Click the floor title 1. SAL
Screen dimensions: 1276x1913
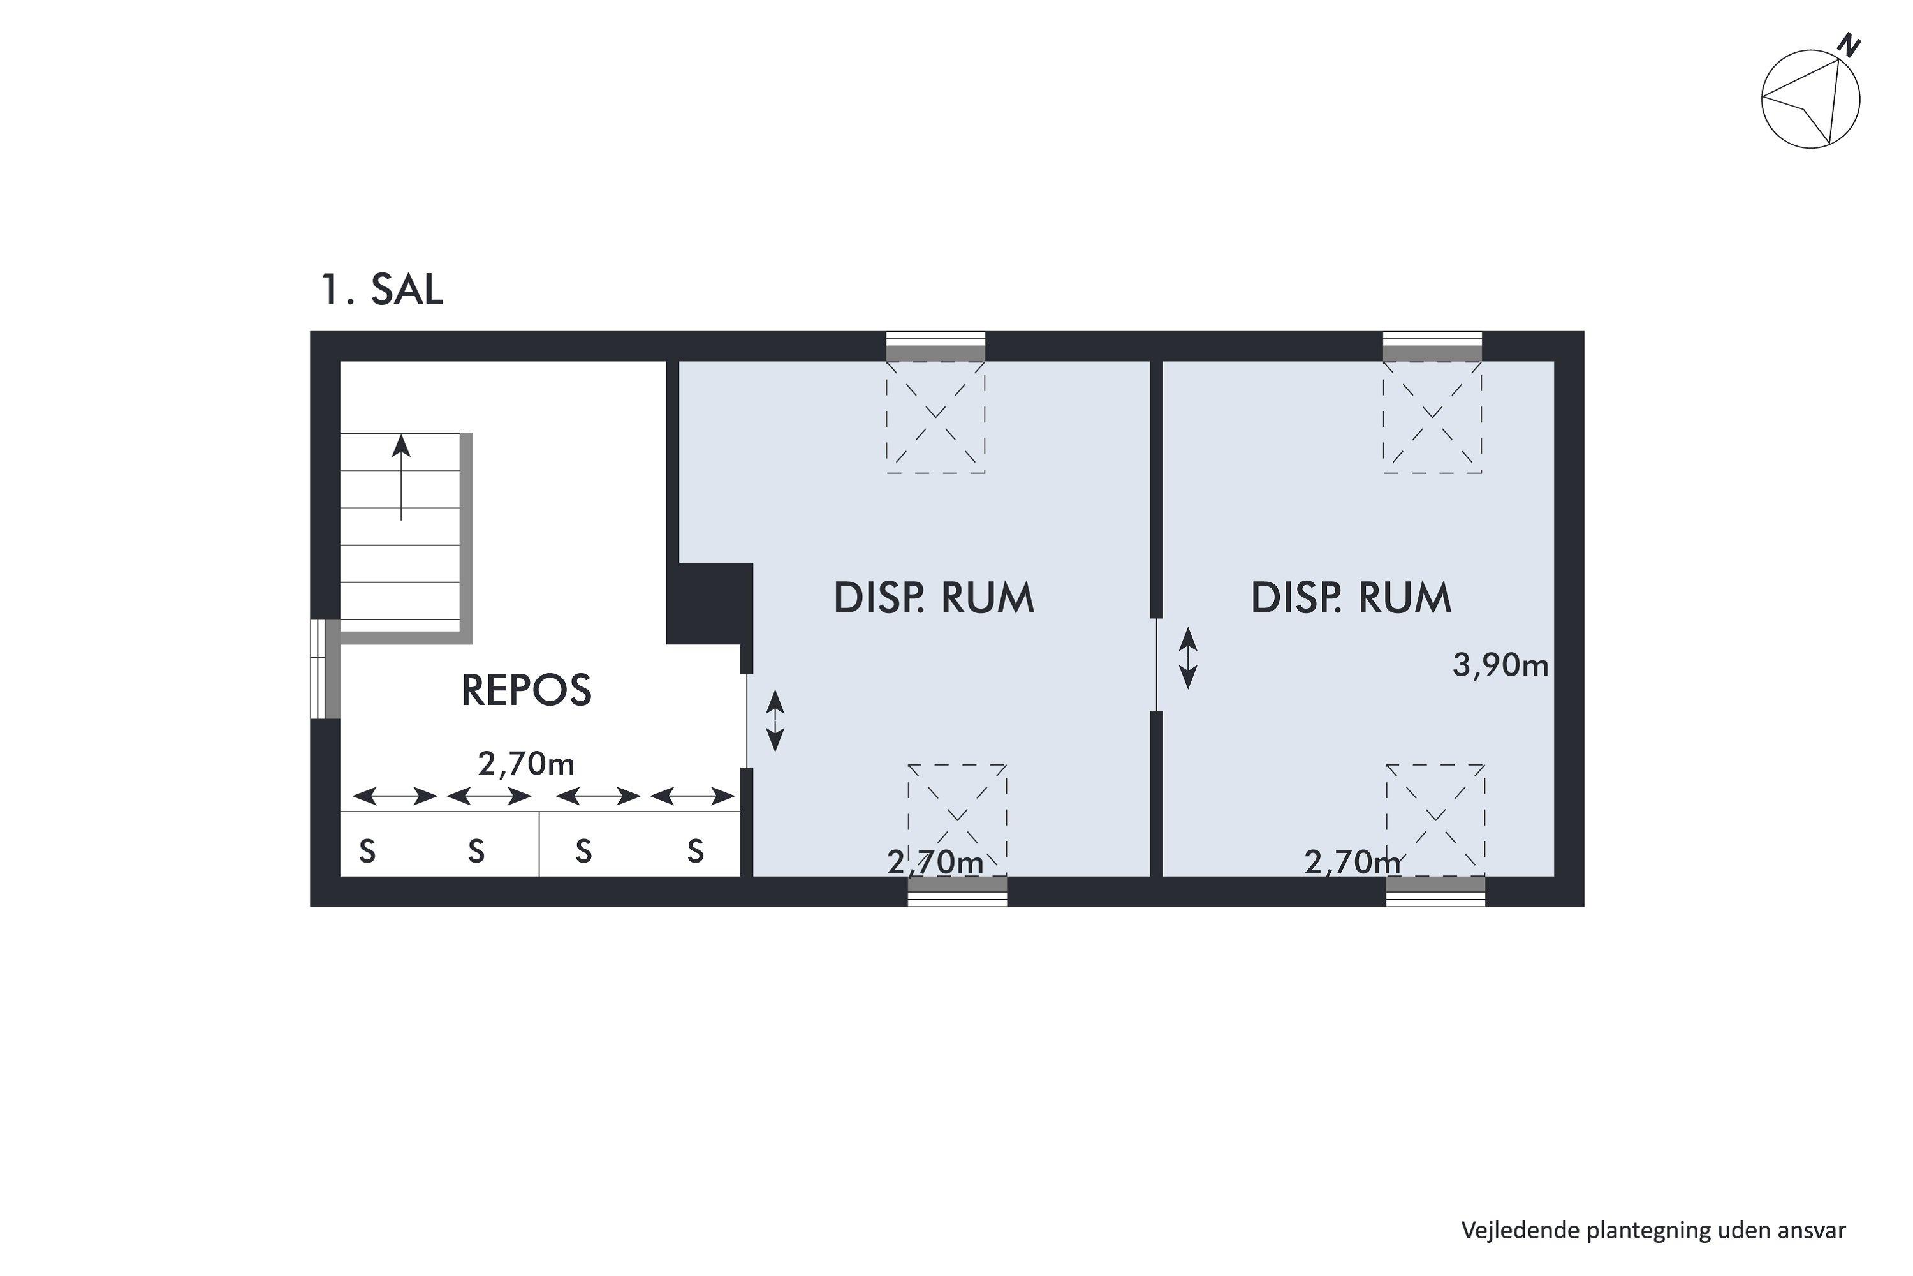pos(382,289)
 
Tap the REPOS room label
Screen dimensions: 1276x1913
pos(526,690)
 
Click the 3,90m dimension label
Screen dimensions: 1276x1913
pos(1500,665)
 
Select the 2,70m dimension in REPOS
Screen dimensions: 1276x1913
pos(526,764)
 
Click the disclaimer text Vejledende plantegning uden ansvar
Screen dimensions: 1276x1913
pos(1653,1229)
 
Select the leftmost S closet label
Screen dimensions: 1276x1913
pos(368,852)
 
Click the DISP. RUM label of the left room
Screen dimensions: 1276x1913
pos(934,598)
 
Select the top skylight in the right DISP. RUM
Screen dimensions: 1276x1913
pos(1432,416)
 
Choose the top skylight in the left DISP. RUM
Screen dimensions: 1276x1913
pos(935,416)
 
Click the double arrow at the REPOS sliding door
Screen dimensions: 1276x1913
pos(775,720)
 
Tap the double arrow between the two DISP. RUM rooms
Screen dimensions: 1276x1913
pos(1189,658)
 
